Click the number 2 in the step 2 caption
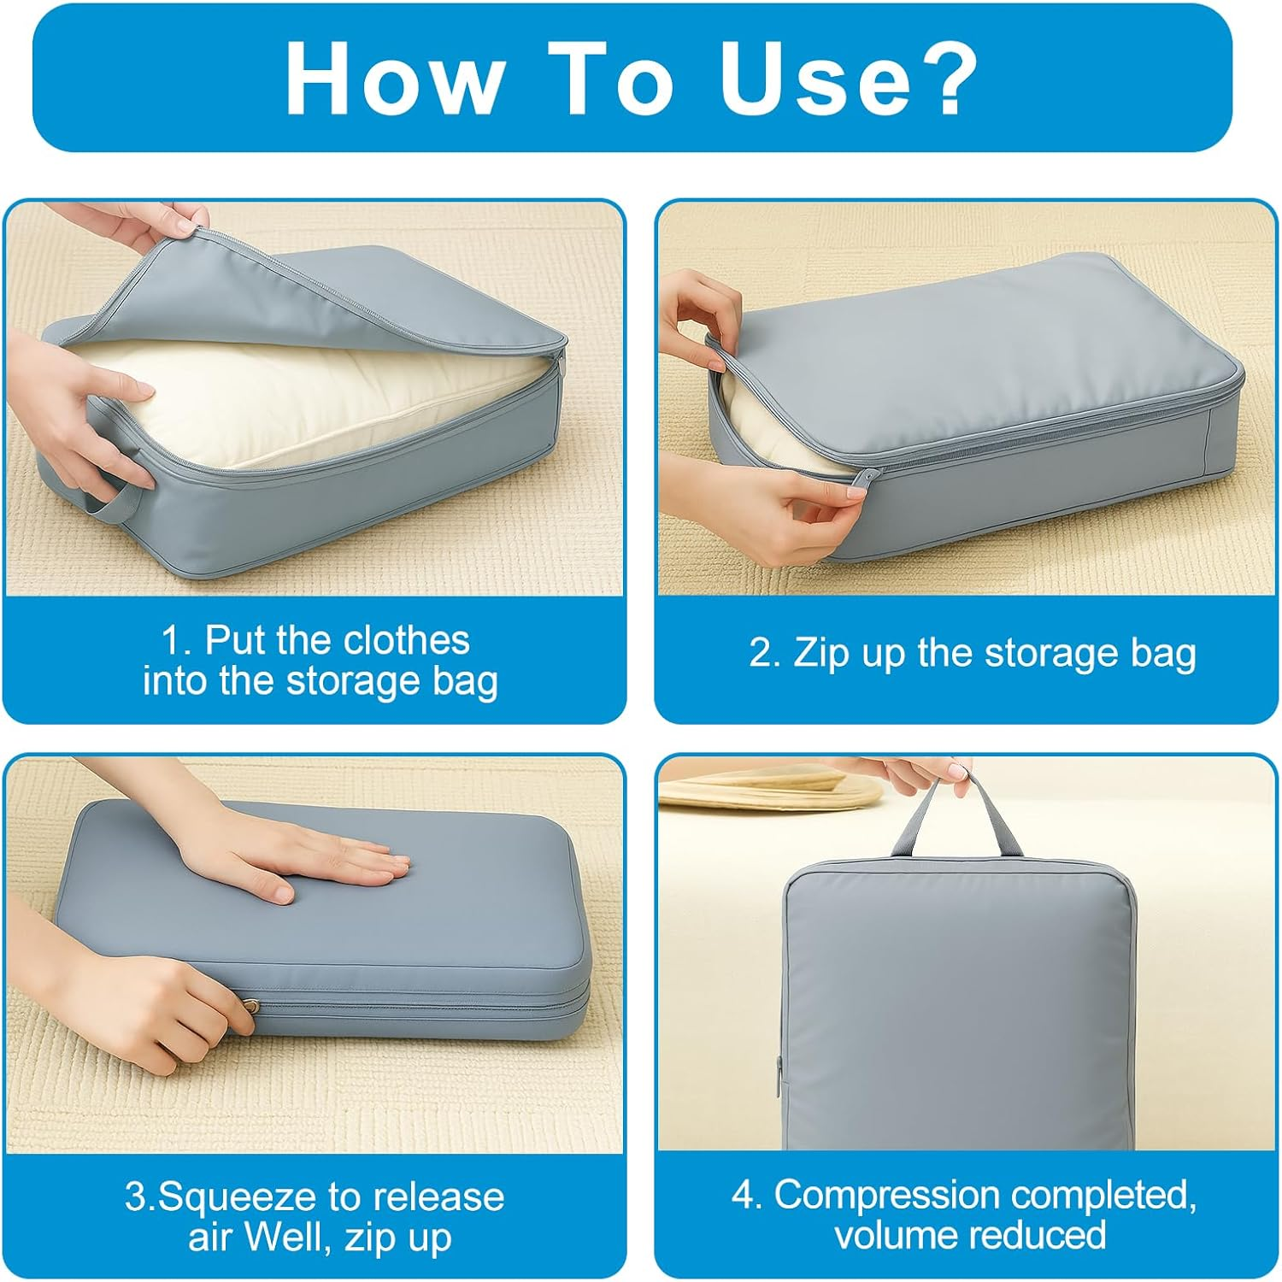[x=761, y=653]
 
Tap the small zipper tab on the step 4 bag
[x=779, y=1077]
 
